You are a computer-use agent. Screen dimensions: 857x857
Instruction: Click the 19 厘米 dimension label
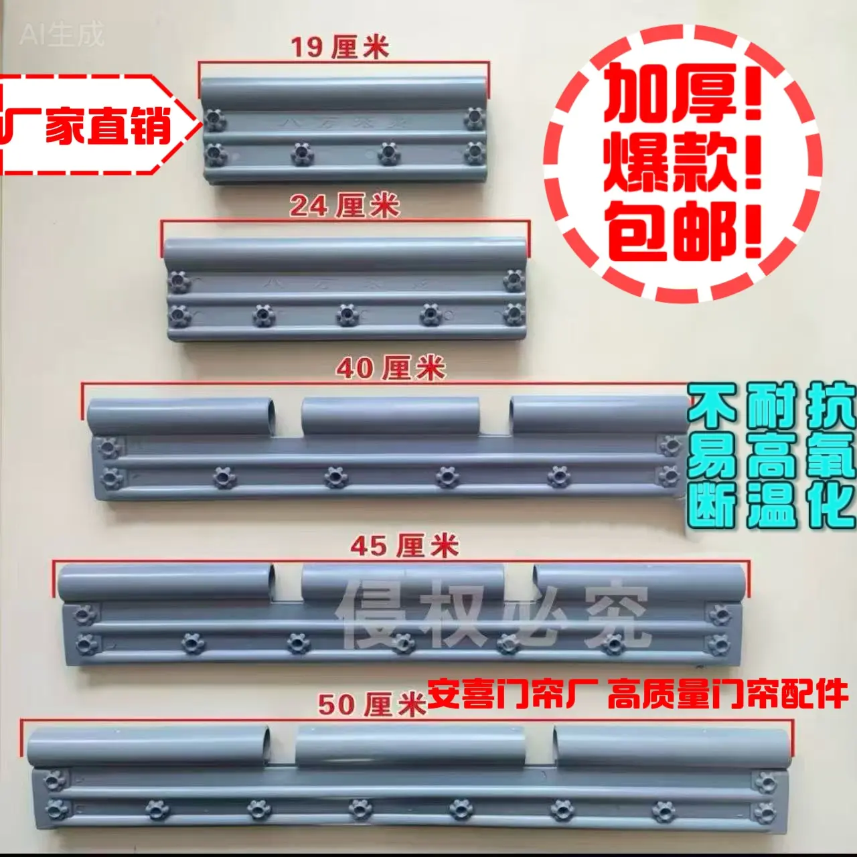click(339, 48)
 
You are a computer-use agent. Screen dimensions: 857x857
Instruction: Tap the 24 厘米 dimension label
click(344, 206)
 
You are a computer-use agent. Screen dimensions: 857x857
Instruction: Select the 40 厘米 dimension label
click(390, 368)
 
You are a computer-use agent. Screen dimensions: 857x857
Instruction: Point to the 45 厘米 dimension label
click(404, 546)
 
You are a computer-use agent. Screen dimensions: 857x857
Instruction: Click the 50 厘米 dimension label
click(372, 704)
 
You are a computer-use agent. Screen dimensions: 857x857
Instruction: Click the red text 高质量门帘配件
click(728, 695)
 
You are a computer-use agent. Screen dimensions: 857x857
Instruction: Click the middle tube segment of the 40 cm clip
click(390, 415)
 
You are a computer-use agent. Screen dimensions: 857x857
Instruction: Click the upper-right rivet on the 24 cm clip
click(514, 280)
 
